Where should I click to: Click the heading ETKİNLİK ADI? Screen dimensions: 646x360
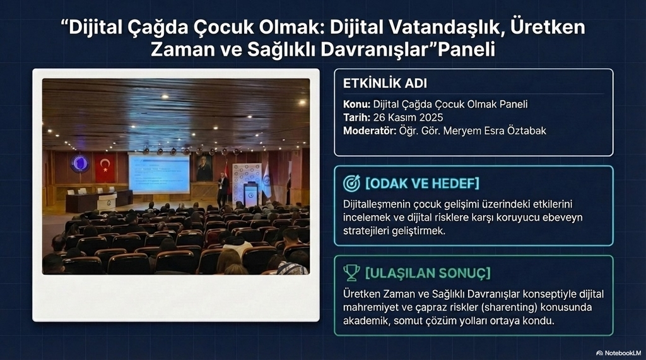pos(385,83)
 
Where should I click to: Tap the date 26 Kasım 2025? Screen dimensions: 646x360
pos(408,117)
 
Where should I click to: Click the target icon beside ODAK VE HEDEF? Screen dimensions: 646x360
pos(351,183)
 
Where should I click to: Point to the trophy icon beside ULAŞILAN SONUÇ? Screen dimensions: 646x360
pos(351,272)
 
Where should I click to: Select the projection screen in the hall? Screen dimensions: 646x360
pos(159,173)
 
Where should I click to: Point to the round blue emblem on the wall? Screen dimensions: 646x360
pos(80,163)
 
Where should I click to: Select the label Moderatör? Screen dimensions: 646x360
pos(370,131)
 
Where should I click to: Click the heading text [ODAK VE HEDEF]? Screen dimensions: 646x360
pos(422,183)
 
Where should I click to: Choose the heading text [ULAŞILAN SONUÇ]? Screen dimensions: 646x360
pos(428,272)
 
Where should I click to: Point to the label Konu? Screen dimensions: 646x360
pos(357,104)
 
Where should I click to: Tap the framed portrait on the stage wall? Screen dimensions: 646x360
pos(204,168)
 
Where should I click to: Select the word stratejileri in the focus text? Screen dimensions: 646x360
pos(366,231)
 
